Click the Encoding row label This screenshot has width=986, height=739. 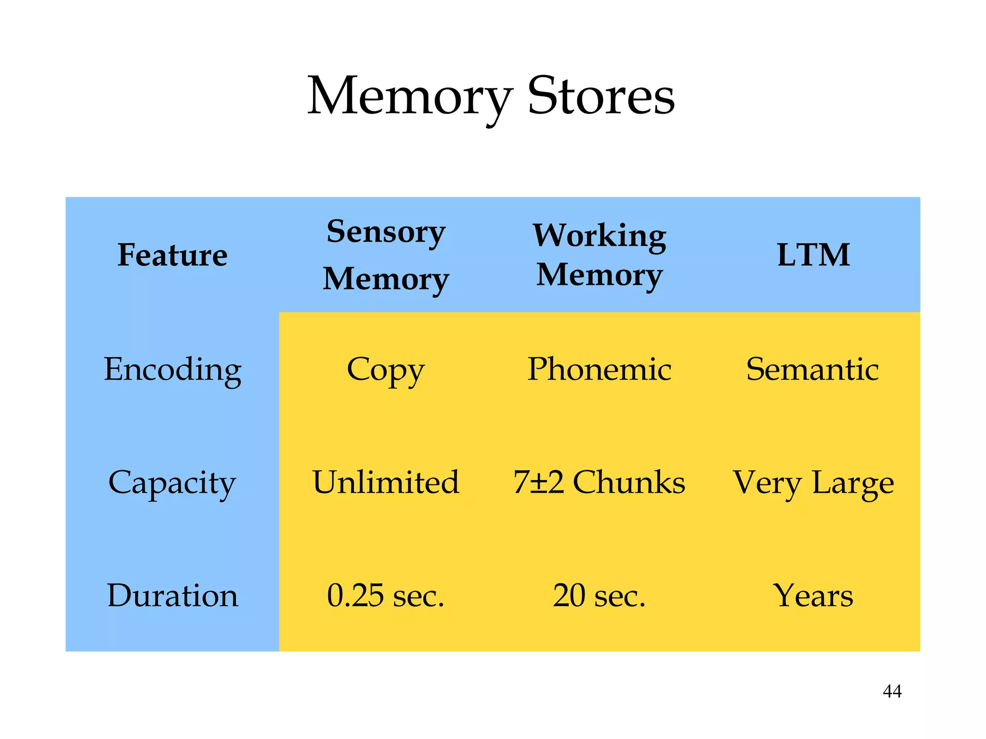tap(172, 369)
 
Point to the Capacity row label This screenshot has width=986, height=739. tap(172, 483)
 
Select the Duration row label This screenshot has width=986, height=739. tap(172, 596)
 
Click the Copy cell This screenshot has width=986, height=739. tap(386, 369)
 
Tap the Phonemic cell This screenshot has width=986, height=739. tap(599, 369)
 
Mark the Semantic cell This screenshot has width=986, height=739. tap(813, 369)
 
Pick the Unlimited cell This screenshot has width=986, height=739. tap(386, 483)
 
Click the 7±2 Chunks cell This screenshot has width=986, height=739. tap(599, 483)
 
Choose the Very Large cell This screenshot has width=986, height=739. tap(813, 483)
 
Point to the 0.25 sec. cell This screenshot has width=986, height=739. tap(386, 596)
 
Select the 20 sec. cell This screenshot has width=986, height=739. tap(599, 596)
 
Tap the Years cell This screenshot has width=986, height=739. tap(813, 596)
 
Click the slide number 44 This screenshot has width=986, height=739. tap(892, 691)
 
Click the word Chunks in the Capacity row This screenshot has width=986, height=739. tap(629, 483)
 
